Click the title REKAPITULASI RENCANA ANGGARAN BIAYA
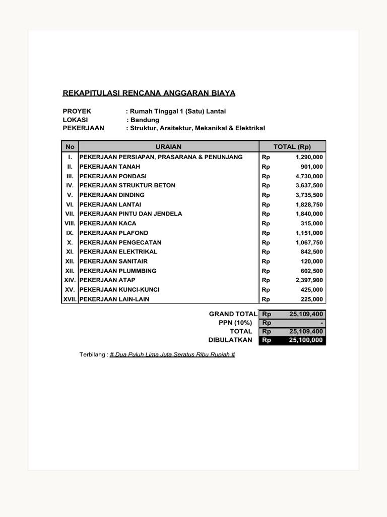pos(149,93)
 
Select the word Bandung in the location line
pos(145,120)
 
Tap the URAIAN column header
pos(168,147)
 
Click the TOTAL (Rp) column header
pos(292,147)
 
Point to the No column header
pos(70,147)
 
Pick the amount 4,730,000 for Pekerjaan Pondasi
pos(309,176)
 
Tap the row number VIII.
pos(70,224)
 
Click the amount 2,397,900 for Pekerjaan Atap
pos(309,280)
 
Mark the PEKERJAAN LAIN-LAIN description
pos(114,299)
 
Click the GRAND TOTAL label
pos(233,314)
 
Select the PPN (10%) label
pos(235,323)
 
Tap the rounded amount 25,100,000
pos(306,340)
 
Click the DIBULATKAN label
pos(230,340)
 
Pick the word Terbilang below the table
pos(93,355)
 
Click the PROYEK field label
pos(77,111)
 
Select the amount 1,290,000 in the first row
pos(309,157)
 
